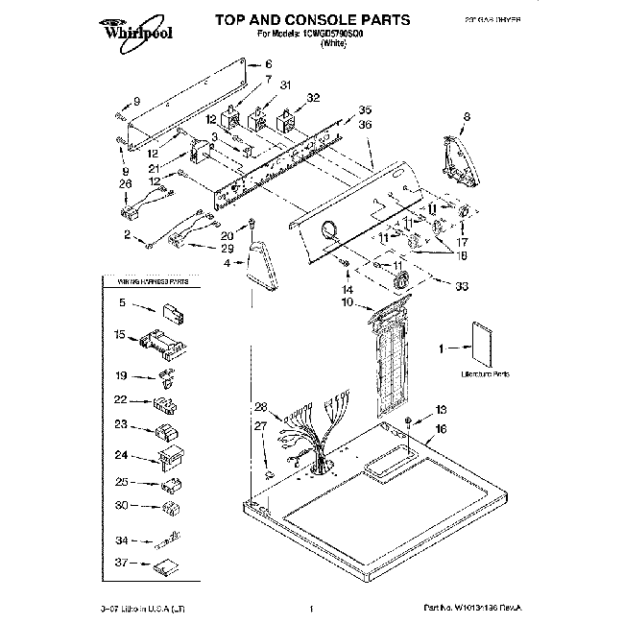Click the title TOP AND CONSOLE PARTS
click(x=312, y=19)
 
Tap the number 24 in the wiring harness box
click(x=122, y=456)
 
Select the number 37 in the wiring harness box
click(x=122, y=564)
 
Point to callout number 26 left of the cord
click(x=125, y=183)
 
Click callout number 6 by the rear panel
click(x=254, y=64)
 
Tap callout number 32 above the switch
click(x=312, y=98)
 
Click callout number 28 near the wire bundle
click(x=260, y=406)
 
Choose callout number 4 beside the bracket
click(x=228, y=262)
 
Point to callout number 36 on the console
click(x=363, y=124)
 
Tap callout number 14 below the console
click(x=348, y=288)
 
